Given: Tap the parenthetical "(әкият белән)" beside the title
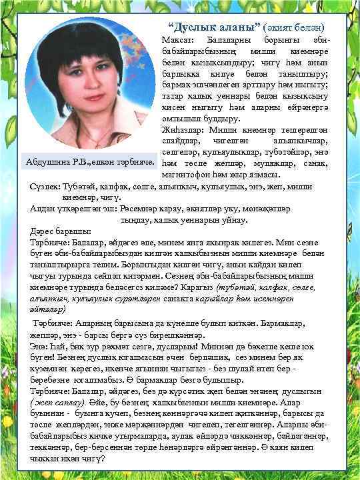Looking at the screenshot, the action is [289, 29].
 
